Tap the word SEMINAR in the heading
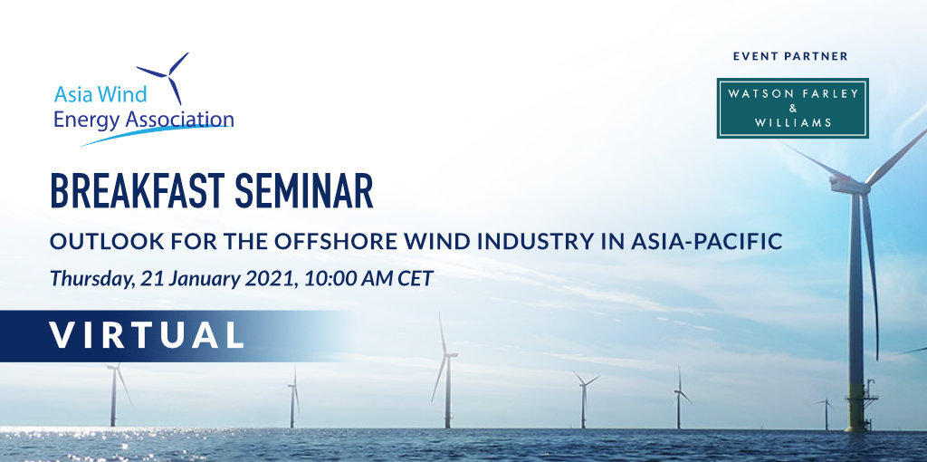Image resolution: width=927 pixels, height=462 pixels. pyautogui.click(x=304, y=191)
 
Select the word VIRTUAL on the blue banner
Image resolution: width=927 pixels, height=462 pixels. pyautogui.click(x=147, y=335)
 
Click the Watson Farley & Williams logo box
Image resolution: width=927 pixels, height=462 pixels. pyautogui.click(x=792, y=109)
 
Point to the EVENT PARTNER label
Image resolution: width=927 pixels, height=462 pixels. pyautogui.click(x=790, y=56)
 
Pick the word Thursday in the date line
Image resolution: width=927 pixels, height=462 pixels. pyautogui.click(x=92, y=279)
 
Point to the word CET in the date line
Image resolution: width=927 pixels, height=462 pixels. pyautogui.click(x=415, y=278)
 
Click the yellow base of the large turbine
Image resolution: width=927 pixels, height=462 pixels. pyautogui.click(x=855, y=407)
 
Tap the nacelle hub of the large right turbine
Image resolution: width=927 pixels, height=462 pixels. pyautogui.click(x=851, y=185)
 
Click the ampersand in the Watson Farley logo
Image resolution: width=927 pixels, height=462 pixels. pyautogui.click(x=793, y=109)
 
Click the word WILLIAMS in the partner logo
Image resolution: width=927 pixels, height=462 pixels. pyautogui.click(x=793, y=123)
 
